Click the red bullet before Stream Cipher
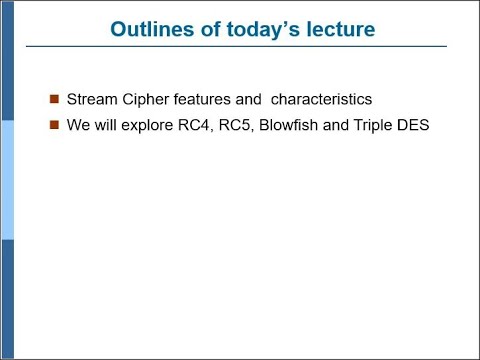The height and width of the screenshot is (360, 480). click(54, 100)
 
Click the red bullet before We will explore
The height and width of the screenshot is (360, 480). click(54, 126)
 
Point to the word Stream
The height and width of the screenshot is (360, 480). click(89, 100)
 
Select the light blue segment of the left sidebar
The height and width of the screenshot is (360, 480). click(7, 180)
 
